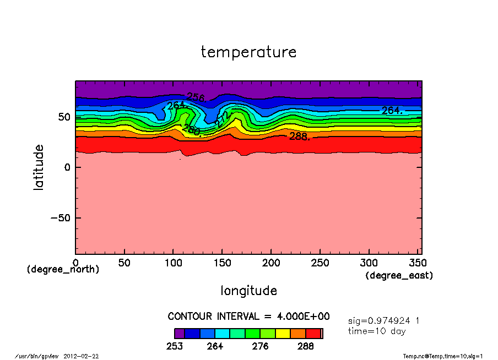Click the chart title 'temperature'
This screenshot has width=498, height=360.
[x=248, y=52]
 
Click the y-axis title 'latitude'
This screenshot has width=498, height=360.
[x=39, y=167]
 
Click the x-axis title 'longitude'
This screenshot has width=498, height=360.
[x=248, y=290]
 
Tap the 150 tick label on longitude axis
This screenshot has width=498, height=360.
[x=221, y=264]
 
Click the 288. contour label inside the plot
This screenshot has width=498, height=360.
[x=300, y=136]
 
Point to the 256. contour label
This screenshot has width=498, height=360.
[x=196, y=98]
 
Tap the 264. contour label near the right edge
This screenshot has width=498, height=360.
[x=392, y=111]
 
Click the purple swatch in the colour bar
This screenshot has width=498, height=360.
[x=179, y=333]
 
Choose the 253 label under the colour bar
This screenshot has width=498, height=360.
[x=174, y=346]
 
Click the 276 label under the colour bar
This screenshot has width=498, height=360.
[x=261, y=346]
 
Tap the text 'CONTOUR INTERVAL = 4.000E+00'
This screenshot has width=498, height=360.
[x=248, y=317]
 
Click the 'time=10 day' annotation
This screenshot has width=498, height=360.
[x=377, y=331]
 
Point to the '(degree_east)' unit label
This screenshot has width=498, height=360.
[x=399, y=275]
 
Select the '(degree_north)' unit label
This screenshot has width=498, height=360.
[x=63, y=269]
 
